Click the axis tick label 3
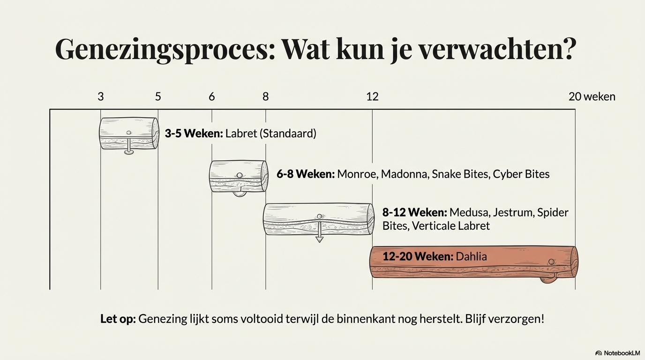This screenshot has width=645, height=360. pos(101,97)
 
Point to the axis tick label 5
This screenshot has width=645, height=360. pos(158,97)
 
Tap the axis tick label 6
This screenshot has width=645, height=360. pos(212,97)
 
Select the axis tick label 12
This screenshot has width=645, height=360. pos(372,97)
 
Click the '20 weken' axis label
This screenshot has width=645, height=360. pos(592,97)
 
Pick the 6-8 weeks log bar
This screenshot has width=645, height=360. pos(239,176)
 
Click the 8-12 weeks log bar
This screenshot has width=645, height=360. pos(319,219)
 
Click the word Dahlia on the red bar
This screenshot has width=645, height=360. pos(471,256)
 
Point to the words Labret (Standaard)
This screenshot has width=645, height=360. pos(270,134)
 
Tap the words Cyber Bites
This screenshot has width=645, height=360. pos(521,174)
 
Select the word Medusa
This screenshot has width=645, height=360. pos(469,212)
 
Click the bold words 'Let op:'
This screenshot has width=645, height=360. pos(118,319)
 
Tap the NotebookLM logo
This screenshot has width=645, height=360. pos(617,353)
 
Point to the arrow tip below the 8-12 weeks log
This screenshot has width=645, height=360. pos(319,240)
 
